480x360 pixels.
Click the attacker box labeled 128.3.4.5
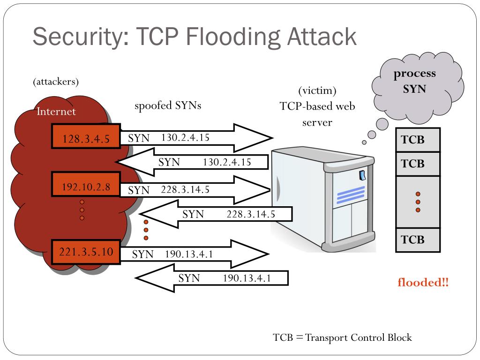(x=86, y=136)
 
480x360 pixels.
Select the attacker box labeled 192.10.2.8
(x=86, y=184)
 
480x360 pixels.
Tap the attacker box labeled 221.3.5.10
(x=86, y=252)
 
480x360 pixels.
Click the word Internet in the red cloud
(x=56, y=112)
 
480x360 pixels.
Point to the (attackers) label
(x=56, y=82)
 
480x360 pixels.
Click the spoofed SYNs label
(x=168, y=105)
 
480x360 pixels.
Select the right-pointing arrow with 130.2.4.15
(x=196, y=138)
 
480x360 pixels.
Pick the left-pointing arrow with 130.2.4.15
(x=192, y=162)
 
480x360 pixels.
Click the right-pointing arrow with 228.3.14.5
(x=195, y=190)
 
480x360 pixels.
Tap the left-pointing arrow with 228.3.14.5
(x=216, y=214)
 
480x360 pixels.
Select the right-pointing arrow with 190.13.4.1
(x=195, y=254)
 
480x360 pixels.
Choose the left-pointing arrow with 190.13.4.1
(x=211, y=278)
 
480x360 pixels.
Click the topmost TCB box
(x=418, y=140)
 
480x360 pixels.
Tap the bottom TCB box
(x=418, y=240)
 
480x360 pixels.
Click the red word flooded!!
(x=423, y=282)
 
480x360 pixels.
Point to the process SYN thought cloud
(x=417, y=87)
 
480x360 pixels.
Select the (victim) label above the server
(x=317, y=90)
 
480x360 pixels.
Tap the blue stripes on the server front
(x=351, y=195)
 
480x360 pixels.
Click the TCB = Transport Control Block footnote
(x=342, y=337)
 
